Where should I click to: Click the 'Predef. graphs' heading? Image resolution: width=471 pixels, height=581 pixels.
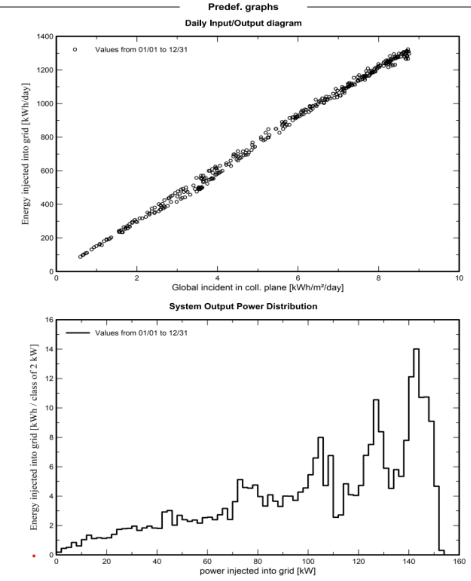[x=243, y=7]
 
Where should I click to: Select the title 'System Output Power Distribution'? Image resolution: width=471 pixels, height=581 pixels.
[x=243, y=306]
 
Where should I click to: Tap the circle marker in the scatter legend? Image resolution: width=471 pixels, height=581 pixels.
[x=75, y=49]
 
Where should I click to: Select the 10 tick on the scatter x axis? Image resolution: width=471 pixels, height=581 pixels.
[x=459, y=279]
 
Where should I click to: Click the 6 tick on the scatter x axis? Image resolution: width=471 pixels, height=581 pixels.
[x=298, y=279]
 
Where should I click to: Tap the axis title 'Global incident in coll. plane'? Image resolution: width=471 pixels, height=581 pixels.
[x=258, y=288]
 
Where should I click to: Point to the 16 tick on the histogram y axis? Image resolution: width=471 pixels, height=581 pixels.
[x=49, y=320]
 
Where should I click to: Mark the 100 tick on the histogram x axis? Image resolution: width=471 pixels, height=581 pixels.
[x=308, y=562]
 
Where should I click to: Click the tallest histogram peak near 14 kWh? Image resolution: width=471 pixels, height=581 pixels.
[x=416, y=349]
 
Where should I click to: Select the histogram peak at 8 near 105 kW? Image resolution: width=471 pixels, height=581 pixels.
[x=320, y=437]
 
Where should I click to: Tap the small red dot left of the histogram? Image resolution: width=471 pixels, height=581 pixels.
[x=34, y=556]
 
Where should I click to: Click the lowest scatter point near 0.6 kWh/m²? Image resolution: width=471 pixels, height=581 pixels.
[x=81, y=256]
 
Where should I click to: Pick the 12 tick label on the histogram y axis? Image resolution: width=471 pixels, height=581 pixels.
[x=49, y=379]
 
